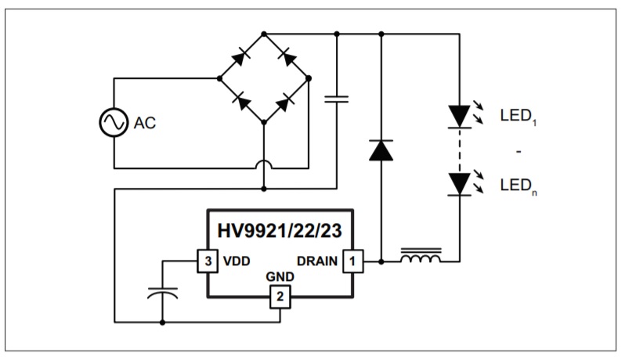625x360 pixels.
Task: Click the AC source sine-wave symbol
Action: click(113, 123)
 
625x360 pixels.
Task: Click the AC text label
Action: click(146, 124)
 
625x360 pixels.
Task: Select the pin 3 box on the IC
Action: click(206, 261)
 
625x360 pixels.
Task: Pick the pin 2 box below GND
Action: click(280, 297)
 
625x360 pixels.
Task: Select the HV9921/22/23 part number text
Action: click(280, 231)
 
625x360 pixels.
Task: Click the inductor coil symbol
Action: click(421, 257)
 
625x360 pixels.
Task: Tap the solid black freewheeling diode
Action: click(381, 149)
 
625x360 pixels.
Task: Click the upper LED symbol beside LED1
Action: click(459, 116)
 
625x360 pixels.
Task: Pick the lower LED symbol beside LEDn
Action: click(459, 183)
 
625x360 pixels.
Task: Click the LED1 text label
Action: click(518, 116)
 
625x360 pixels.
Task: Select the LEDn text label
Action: click(518, 186)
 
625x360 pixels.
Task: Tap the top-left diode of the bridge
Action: click(241, 56)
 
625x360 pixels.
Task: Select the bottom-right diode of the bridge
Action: click(287, 100)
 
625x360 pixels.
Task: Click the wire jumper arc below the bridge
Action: click(264, 166)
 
